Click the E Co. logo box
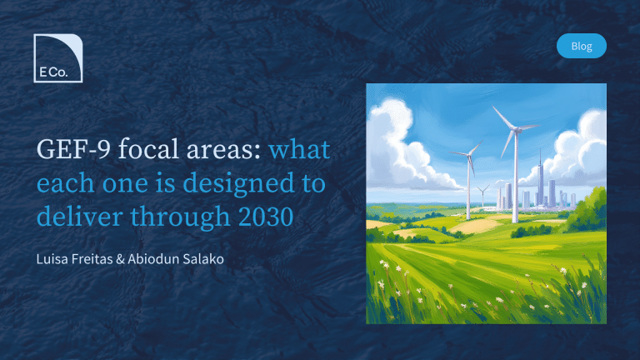[x=58, y=58]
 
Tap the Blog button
[x=581, y=46]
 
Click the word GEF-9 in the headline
[x=73, y=149]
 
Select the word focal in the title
[x=148, y=149]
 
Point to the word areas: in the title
[x=223, y=150]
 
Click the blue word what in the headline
[x=299, y=149]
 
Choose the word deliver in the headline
[x=80, y=217]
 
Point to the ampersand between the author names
[x=120, y=259]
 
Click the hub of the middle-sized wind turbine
[x=468, y=155]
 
